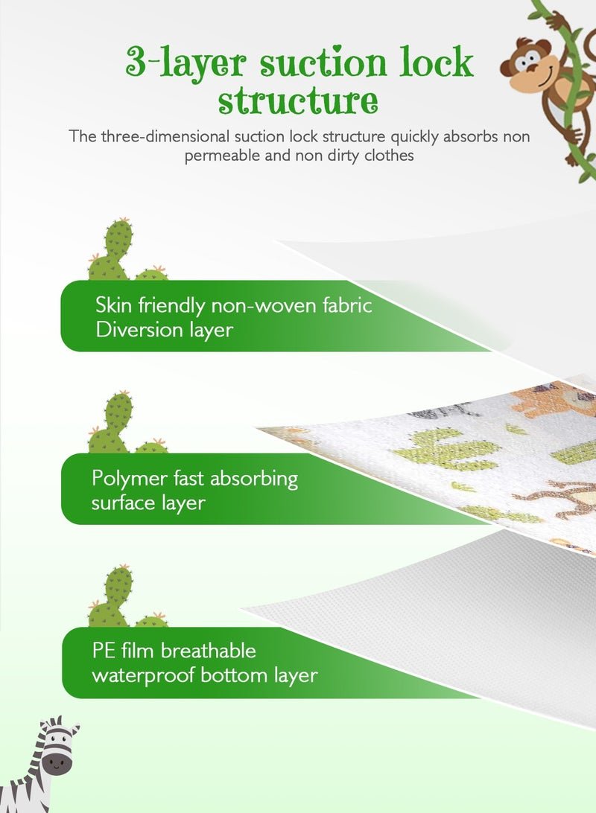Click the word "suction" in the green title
point(323,63)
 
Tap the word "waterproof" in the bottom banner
point(143,676)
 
